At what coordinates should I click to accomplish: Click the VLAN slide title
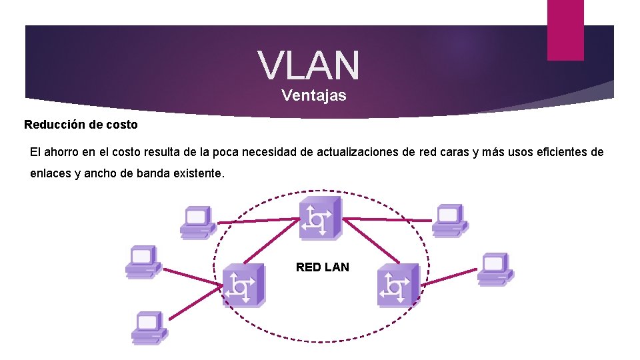[x=309, y=65]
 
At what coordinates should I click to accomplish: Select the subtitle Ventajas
[x=314, y=95]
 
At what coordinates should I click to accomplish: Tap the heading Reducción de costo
[x=81, y=125]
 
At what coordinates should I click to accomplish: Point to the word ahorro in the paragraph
[x=63, y=152]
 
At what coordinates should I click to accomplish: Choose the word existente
[x=199, y=174]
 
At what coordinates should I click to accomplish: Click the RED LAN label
[x=322, y=267]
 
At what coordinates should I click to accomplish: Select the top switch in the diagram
[x=319, y=217]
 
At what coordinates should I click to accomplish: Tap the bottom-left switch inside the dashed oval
[x=243, y=285]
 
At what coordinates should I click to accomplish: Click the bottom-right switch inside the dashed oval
[x=398, y=285]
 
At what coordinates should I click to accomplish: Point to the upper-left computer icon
[x=197, y=221]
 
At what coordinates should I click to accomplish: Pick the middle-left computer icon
[x=143, y=261]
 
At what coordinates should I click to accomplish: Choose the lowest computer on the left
[x=148, y=327]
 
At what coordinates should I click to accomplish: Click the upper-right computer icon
[x=449, y=219]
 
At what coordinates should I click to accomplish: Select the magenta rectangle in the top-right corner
[x=565, y=30]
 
